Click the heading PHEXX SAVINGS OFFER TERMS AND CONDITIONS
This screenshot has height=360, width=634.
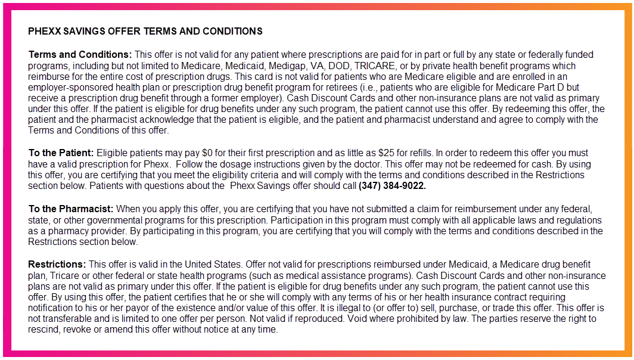pyautogui.click(x=145, y=31)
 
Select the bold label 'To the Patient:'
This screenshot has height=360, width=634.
pyautogui.click(x=61, y=154)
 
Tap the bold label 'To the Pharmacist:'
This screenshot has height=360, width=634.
pyautogui.click(x=71, y=209)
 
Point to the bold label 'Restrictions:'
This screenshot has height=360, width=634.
pyautogui.click(x=57, y=265)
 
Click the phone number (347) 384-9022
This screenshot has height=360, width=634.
pyautogui.click(x=392, y=186)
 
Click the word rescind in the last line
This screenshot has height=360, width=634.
pyautogui.click(x=43, y=330)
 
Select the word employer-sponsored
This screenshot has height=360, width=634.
pyautogui.click(x=67, y=88)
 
